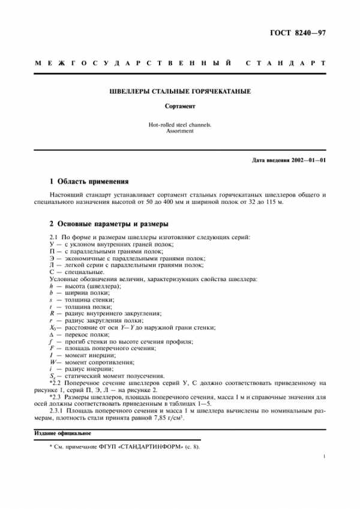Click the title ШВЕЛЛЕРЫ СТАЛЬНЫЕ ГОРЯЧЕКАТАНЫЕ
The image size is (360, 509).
point(180,92)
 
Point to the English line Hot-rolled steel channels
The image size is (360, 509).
point(180,125)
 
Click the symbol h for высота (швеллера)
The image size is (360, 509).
point(50,286)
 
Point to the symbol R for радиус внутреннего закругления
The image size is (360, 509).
point(50,313)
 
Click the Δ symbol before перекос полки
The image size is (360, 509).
point(50,335)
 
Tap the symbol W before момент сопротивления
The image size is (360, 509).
point(52,362)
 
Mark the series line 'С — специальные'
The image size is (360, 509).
point(72,272)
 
